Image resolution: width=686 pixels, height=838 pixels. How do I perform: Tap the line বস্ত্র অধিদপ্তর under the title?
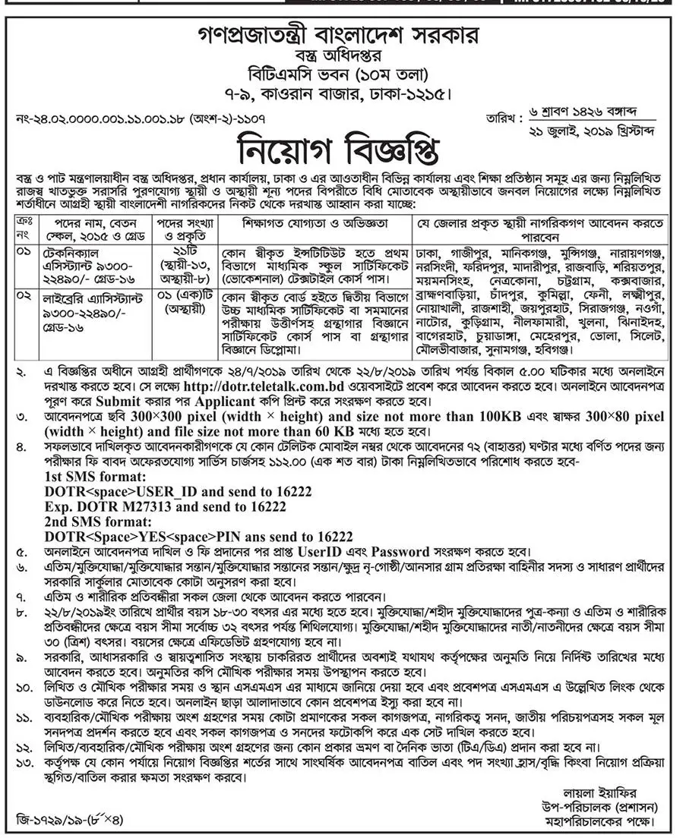[343, 56]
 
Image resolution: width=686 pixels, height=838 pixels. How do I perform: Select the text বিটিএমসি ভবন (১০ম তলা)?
[343, 75]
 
